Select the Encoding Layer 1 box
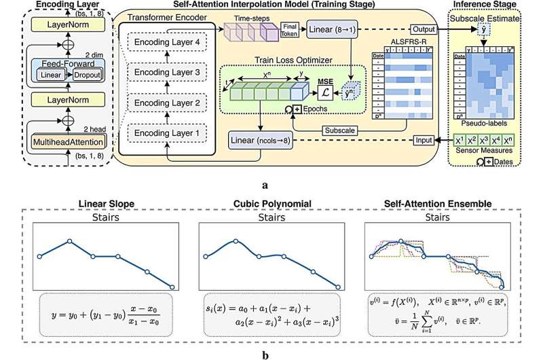(166, 132)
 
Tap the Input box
(423, 140)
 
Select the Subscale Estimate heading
(484, 20)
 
